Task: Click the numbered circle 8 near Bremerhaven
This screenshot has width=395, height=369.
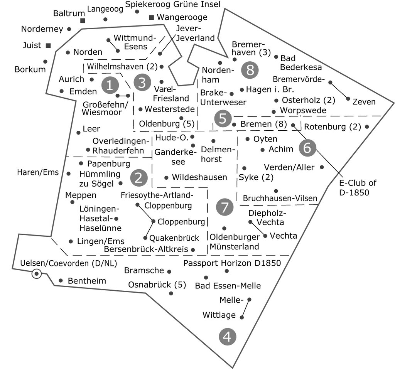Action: tap(250, 70)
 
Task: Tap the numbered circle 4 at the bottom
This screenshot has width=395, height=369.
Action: tap(227, 337)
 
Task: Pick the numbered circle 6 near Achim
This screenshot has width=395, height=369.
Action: tap(307, 148)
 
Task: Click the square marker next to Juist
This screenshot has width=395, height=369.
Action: tap(48, 45)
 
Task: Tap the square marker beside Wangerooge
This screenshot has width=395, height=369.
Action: tap(152, 17)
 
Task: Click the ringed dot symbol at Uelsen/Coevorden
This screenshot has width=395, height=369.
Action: tap(37, 274)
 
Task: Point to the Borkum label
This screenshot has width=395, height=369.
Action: tap(30, 69)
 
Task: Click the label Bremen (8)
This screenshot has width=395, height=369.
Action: tap(264, 124)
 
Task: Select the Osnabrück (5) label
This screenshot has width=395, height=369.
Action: tap(157, 285)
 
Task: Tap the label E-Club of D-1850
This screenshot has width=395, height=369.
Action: tap(358, 187)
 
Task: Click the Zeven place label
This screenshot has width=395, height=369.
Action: tap(364, 102)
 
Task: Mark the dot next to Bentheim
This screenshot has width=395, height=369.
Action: tap(61, 280)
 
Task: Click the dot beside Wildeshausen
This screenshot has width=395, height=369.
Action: tap(166, 178)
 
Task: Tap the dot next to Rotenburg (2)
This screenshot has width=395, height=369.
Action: tap(367, 126)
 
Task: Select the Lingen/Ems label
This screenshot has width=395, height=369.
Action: tap(101, 241)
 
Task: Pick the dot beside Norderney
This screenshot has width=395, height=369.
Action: tap(69, 29)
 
